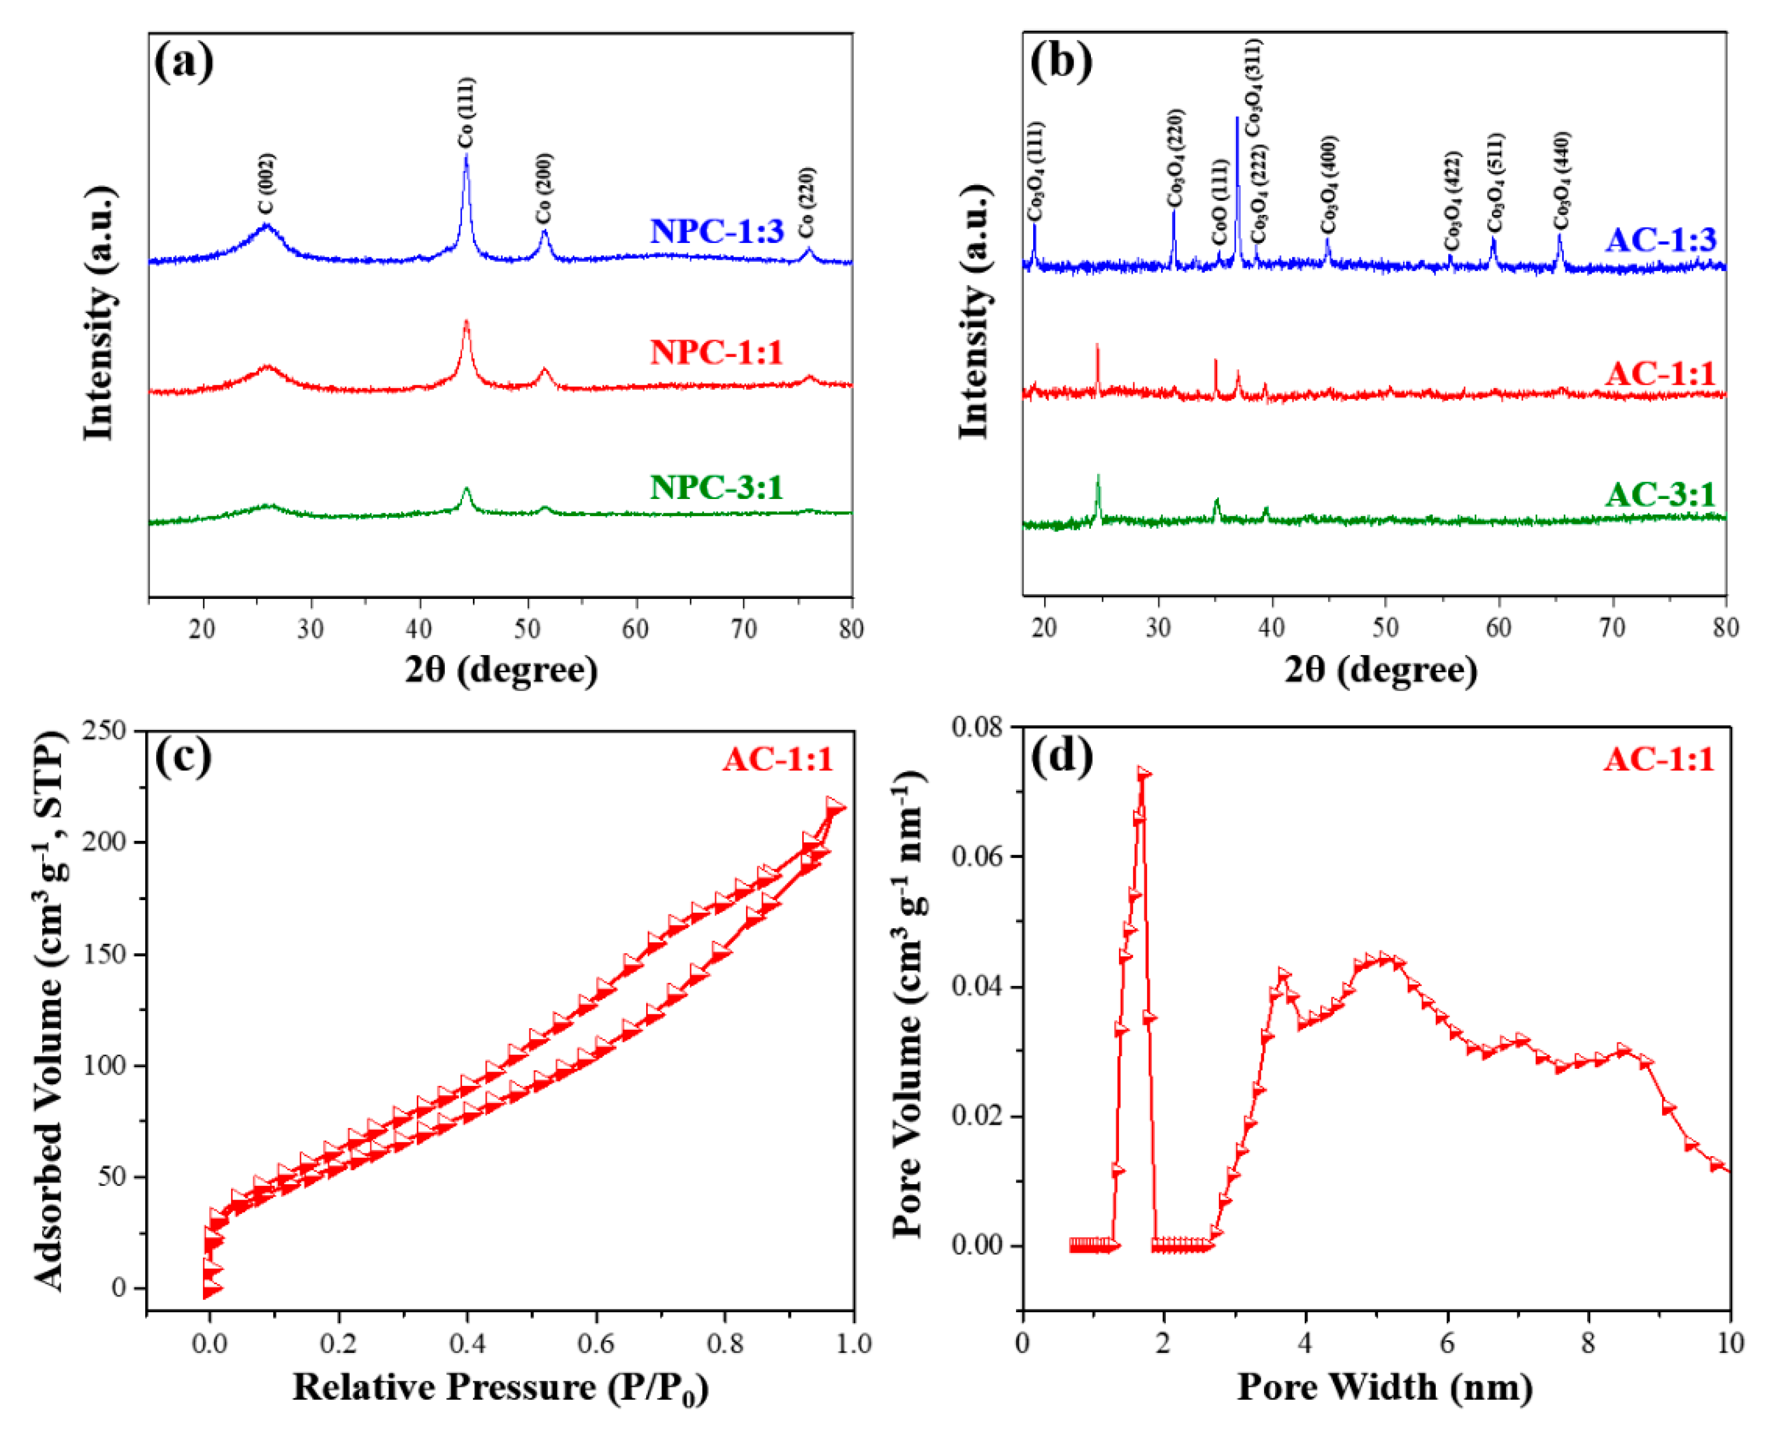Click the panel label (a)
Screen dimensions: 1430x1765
tap(183, 62)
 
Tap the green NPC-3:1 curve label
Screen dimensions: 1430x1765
tap(716, 487)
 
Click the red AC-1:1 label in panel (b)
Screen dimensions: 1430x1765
tap(1660, 373)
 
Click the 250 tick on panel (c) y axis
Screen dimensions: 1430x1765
tap(105, 730)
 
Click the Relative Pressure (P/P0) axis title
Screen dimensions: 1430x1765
tap(500, 1387)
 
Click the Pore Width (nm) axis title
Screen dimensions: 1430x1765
tap(1384, 1387)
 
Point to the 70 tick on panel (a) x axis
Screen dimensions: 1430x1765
tap(743, 629)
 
